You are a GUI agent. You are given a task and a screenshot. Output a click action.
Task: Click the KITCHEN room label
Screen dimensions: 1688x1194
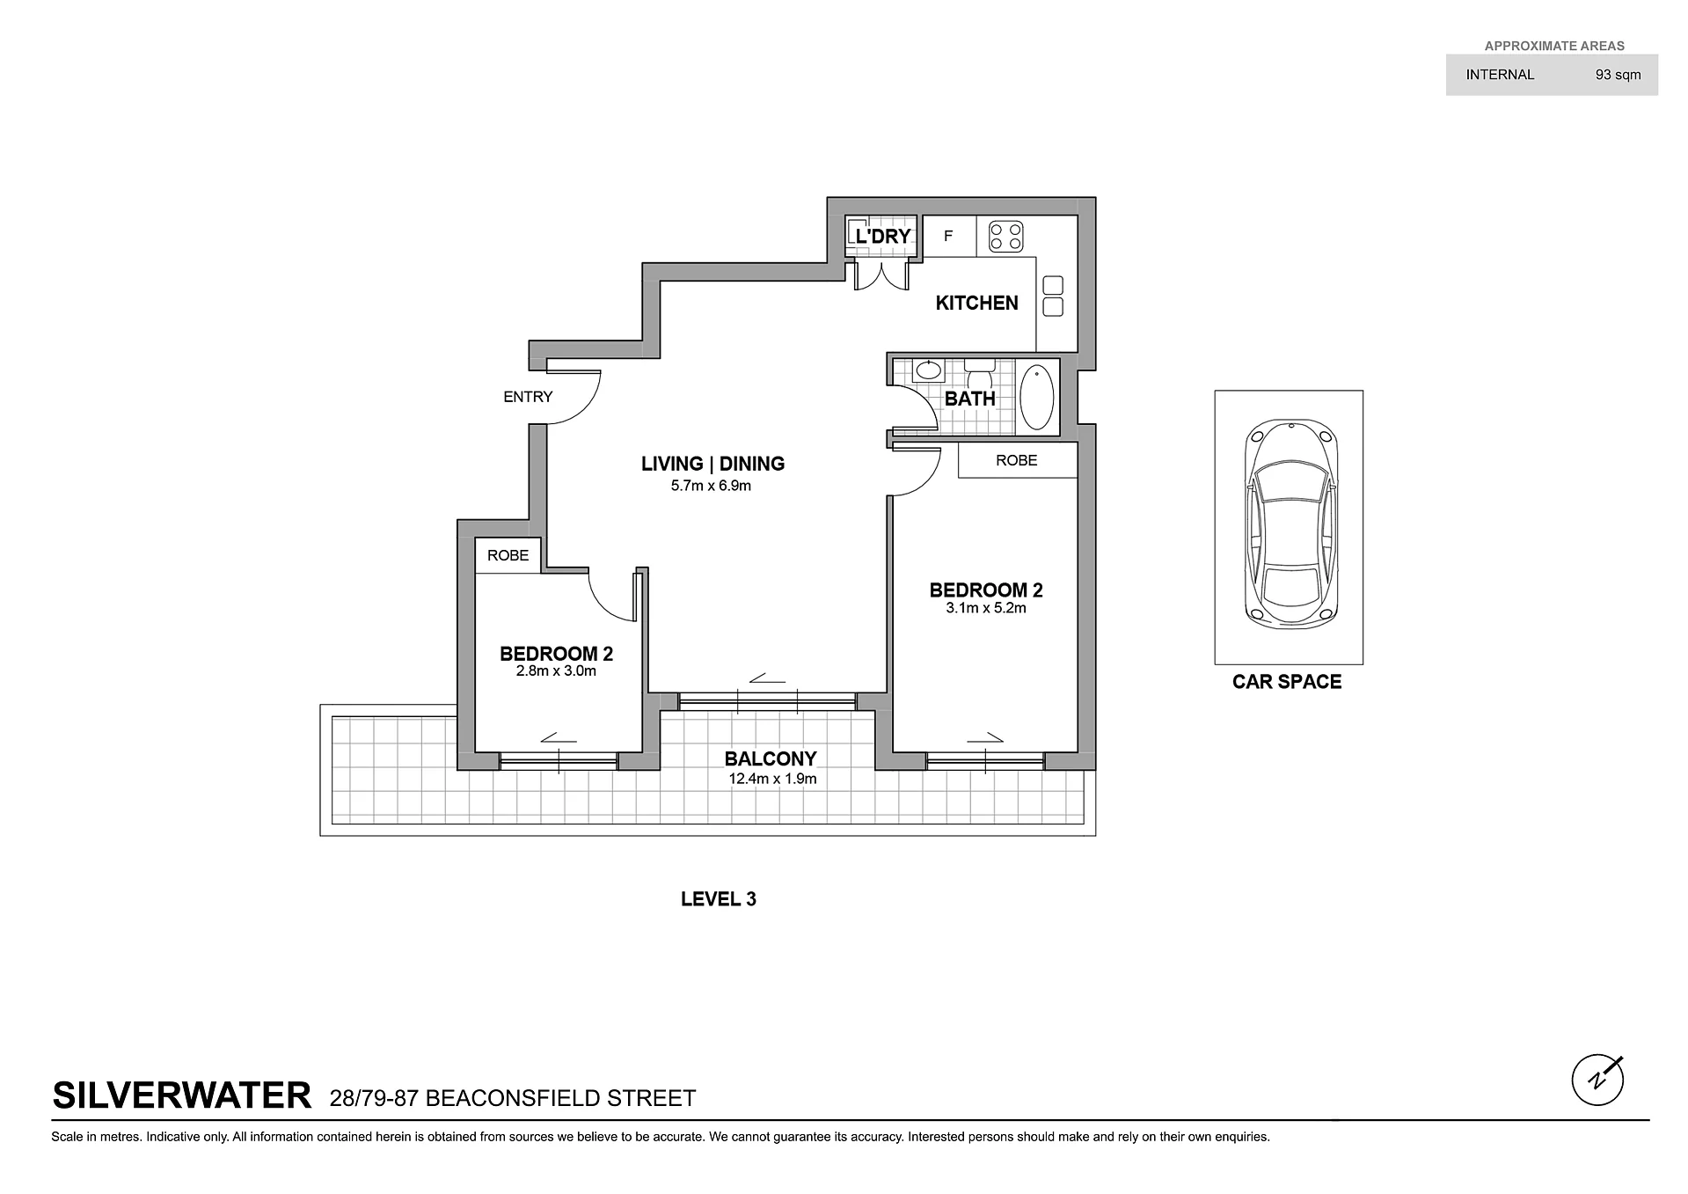[976, 303]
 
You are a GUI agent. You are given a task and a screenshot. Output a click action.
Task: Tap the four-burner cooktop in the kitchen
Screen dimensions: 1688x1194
[1005, 236]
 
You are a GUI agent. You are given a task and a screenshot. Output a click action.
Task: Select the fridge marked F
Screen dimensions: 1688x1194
[948, 236]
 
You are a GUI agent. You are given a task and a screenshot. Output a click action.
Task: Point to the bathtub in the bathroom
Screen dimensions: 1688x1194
[1037, 397]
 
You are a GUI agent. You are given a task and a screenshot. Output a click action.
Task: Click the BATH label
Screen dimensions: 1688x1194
[970, 399]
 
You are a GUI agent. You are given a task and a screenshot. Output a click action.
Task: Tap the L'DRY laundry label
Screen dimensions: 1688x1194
[883, 236]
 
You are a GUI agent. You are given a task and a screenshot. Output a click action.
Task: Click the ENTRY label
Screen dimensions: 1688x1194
[528, 397]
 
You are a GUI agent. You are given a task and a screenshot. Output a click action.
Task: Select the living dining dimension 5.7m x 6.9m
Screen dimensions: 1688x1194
[711, 486]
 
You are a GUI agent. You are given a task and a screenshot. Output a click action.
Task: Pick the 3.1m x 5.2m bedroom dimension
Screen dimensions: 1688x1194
[986, 608]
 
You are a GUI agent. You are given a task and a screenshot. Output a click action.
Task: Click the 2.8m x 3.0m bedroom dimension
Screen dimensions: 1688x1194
[556, 671]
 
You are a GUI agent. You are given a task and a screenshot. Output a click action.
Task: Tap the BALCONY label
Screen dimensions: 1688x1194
[771, 758]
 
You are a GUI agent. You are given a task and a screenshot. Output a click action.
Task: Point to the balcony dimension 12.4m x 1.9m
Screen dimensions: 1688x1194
[772, 779]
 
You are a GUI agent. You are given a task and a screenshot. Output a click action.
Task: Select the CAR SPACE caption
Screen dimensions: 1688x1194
[1287, 682]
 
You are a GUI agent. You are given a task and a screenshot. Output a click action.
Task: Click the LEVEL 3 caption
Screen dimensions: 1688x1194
[719, 899]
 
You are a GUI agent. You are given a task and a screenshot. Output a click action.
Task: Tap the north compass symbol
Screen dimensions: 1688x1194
[1597, 1080]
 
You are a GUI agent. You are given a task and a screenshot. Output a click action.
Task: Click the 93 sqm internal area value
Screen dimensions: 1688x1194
[1619, 75]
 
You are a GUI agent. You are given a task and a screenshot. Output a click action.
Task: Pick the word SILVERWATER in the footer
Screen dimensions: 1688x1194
[182, 1096]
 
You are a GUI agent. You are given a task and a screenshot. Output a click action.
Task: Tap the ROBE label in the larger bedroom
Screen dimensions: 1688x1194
[1017, 460]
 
